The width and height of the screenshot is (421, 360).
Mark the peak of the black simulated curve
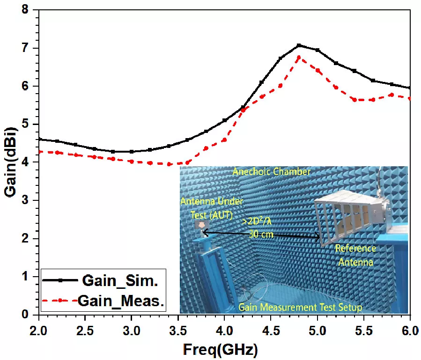(x=299, y=45)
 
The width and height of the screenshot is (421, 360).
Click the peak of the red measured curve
(x=299, y=58)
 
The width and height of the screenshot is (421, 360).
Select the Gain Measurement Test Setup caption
(x=300, y=307)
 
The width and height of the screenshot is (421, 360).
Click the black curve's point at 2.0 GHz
(x=39, y=139)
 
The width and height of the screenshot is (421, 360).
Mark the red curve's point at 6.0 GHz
(x=410, y=98)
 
